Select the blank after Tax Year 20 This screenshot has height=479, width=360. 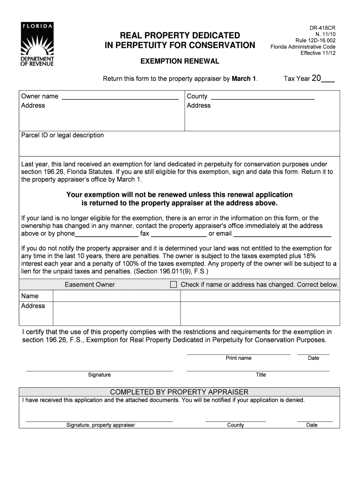click(328, 80)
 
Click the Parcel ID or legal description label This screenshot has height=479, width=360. click(63, 135)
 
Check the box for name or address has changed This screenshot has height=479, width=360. click(173, 284)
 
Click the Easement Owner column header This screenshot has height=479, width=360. click(90, 284)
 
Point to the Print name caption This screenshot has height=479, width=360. click(238, 358)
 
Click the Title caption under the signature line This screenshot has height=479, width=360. click(260, 375)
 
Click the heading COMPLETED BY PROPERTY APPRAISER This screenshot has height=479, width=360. click(179, 392)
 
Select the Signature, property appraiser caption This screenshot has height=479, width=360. click(101, 425)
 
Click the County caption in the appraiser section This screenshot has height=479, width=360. click(236, 425)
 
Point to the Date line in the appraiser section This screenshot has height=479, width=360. click(315, 421)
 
